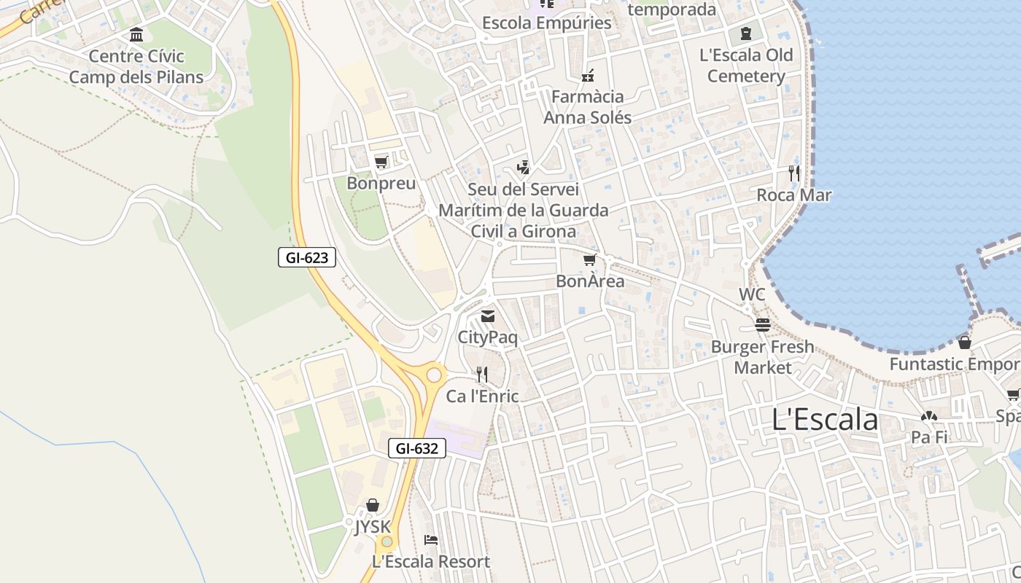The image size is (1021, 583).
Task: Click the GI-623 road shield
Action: tap(306, 257)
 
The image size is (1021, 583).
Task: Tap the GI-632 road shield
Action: tap(417, 448)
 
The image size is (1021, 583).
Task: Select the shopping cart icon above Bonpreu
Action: tap(381, 162)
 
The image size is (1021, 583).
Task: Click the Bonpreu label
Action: tap(381, 183)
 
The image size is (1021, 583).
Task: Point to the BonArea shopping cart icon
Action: tap(590, 260)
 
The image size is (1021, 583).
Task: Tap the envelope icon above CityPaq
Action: tap(487, 316)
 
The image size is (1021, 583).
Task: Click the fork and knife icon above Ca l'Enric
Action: tap(481, 375)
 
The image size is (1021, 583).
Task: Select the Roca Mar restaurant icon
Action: tap(794, 173)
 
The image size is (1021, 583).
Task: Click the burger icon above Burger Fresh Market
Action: tap(763, 325)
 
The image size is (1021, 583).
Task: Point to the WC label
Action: tap(752, 294)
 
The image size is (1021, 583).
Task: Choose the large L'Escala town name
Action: tap(825, 420)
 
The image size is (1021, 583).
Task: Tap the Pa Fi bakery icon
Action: tap(928, 417)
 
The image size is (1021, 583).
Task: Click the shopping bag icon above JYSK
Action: tap(373, 505)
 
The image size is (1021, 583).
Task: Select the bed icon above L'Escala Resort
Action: tap(431, 540)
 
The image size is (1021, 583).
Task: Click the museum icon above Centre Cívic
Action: tap(136, 35)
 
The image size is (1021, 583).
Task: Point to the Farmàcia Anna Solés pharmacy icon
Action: tap(588, 76)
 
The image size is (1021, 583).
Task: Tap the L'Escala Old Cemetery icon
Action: tap(745, 34)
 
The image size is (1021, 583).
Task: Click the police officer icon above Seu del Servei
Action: tap(523, 168)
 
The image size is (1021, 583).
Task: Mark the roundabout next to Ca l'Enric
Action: tap(435, 375)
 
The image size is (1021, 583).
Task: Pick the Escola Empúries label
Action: tap(546, 23)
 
